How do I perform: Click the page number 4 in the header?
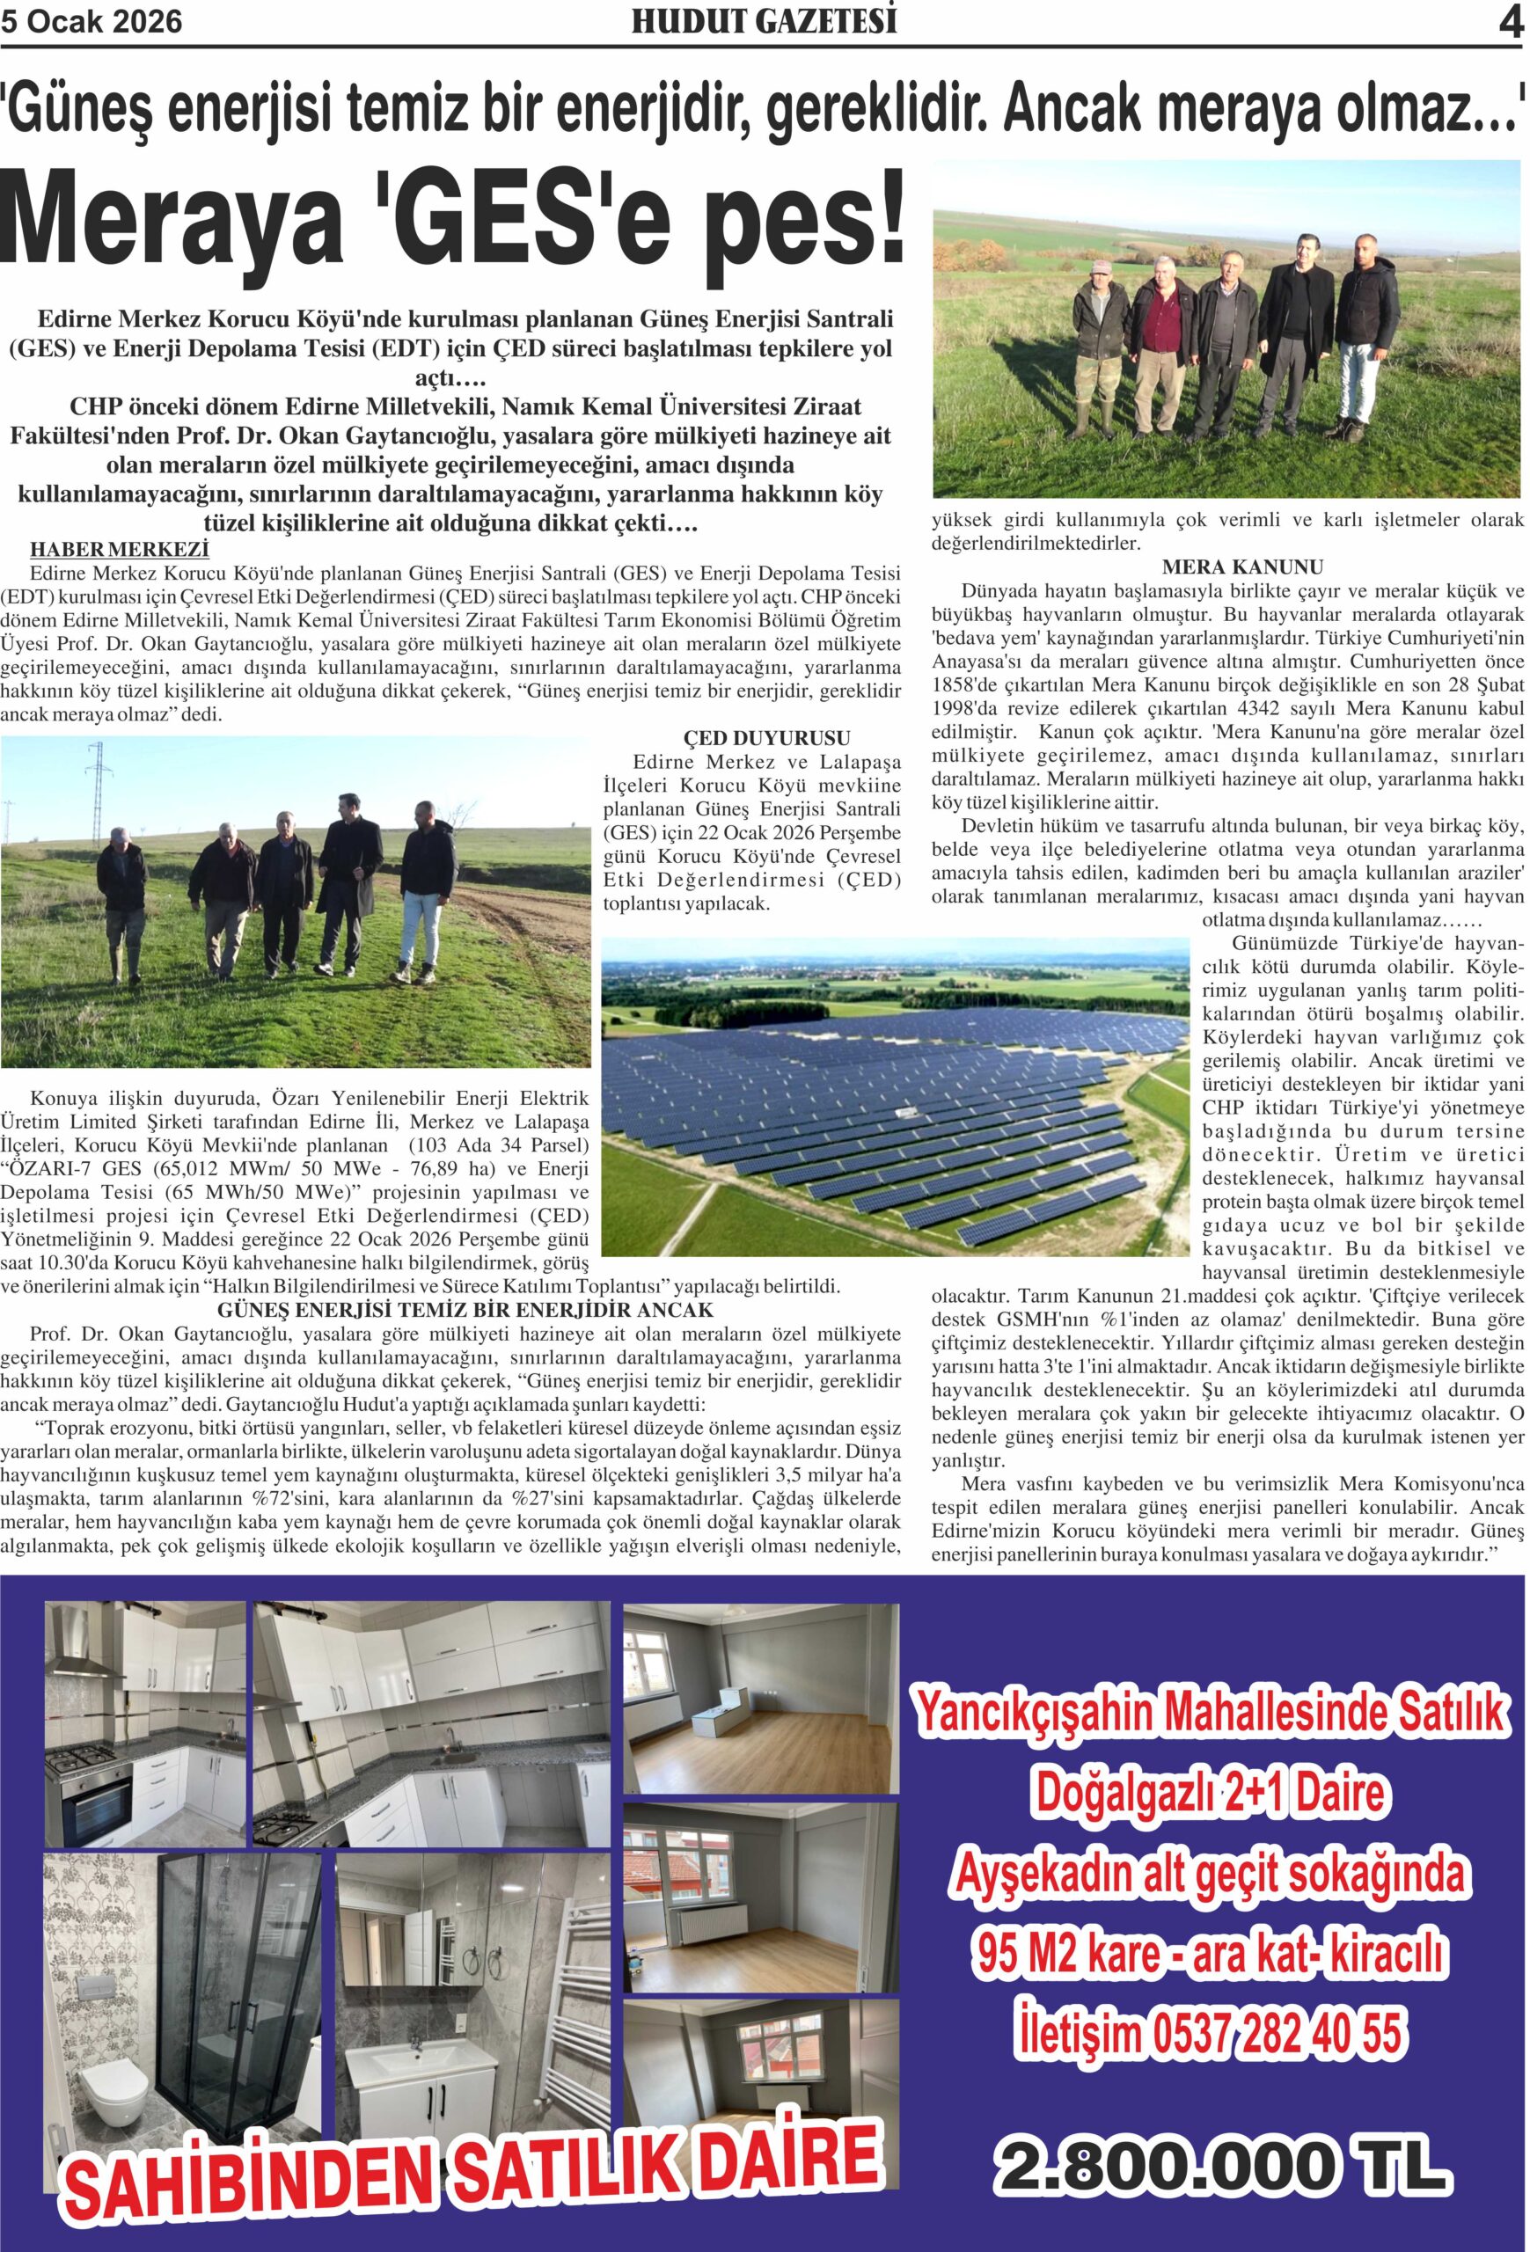pyautogui.click(x=1510, y=21)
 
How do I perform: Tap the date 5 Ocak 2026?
pyautogui.click(x=92, y=21)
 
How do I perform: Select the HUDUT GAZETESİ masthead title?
pyautogui.click(x=764, y=21)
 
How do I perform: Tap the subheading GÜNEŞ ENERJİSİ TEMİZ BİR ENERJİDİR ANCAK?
pyautogui.click(x=465, y=1310)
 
